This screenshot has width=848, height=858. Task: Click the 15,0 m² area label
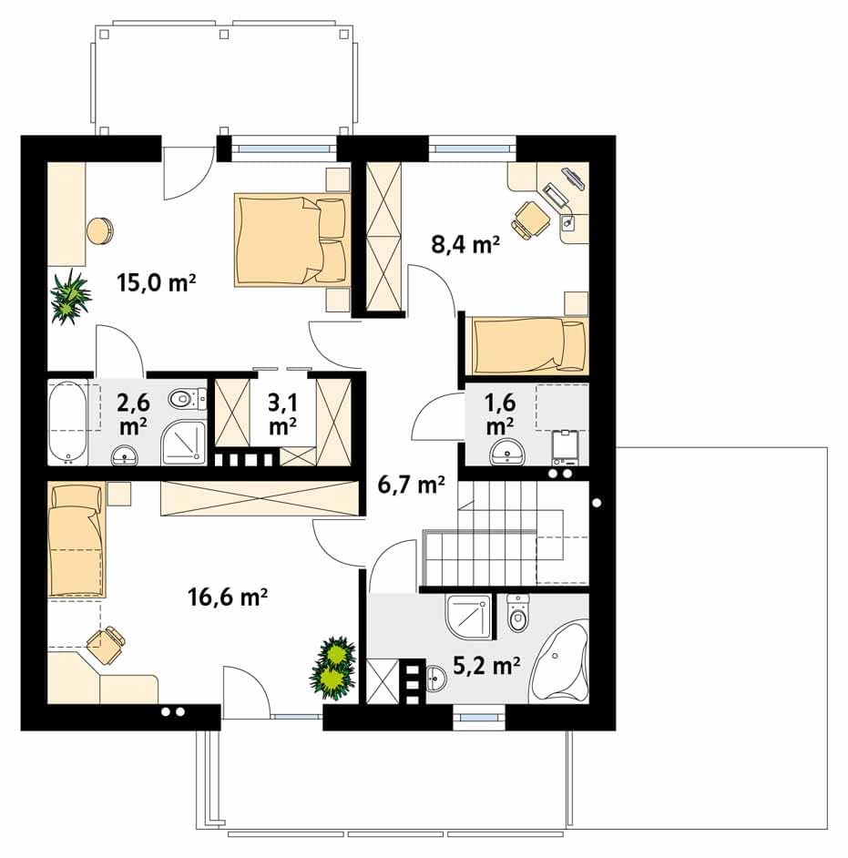pyautogui.click(x=156, y=282)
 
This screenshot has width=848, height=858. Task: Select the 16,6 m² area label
pyautogui.click(x=227, y=597)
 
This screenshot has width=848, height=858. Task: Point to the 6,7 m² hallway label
pyautogui.click(x=411, y=485)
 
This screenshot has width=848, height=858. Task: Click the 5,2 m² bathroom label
pyautogui.click(x=486, y=665)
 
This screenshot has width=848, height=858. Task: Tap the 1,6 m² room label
pyautogui.click(x=500, y=414)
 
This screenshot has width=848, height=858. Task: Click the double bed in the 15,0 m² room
pyautogui.click(x=292, y=240)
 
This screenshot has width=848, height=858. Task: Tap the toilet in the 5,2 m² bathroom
pyautogui.click(x=517, y=614)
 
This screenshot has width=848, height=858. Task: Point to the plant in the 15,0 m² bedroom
pyautogui.click(x=70, y=297)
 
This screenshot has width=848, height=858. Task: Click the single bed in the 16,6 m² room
pyautogui.click(x=76, y=539)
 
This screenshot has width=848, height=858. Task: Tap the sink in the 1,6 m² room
pyautogui.click(x=506, y=453)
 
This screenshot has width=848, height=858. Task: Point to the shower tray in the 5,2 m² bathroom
pyautogui.click(x=469, y=618)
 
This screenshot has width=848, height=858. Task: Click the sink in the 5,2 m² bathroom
pyautogui.click(x=436, y=679)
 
